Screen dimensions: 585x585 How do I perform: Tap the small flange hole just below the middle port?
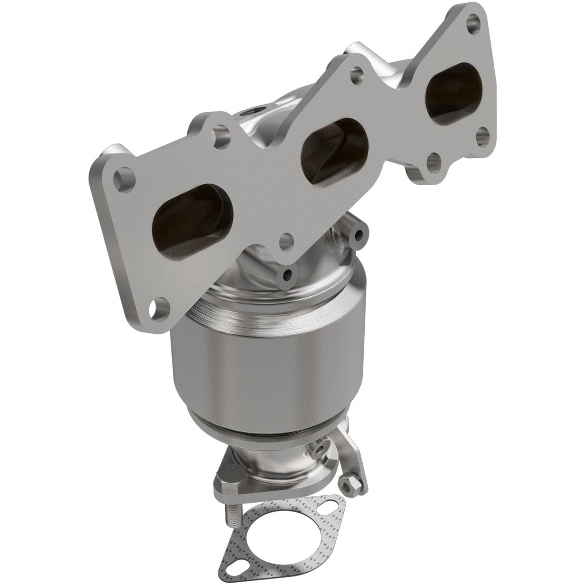[287, 238]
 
